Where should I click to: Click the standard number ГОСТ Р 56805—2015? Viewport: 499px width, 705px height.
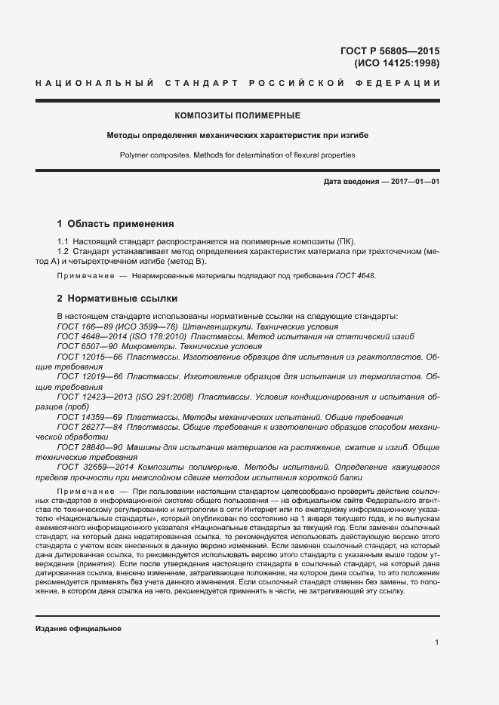[390, 51]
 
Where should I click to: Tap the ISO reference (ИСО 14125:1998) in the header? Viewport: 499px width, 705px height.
[397, 63]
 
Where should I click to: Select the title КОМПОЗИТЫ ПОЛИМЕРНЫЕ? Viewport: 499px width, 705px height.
[238, 115]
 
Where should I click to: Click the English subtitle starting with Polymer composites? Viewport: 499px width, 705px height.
[238, 155]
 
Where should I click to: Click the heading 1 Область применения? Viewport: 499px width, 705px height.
[116, 224]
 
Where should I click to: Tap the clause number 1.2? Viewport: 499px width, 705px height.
[63, 250]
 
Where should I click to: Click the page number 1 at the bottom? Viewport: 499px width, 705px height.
[437, 642]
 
